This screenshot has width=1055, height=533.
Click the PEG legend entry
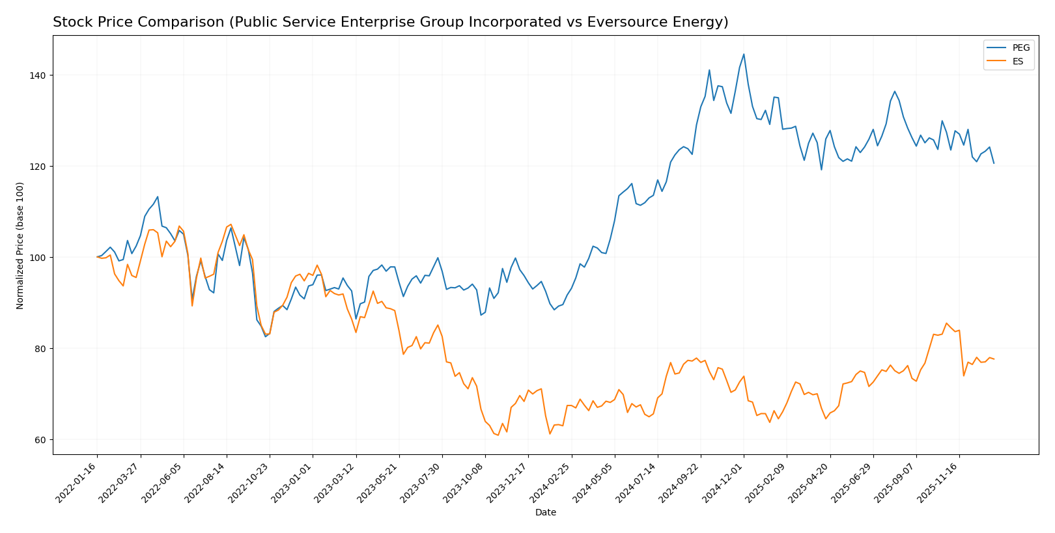point(1020,48)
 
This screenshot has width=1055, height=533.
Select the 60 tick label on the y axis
point(41,440)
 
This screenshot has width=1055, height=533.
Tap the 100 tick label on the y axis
point(38,258)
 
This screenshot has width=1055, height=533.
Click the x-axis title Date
point(545,513)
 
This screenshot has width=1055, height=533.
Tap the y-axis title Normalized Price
point(20,245)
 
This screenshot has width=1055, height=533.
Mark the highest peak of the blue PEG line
point(744,54)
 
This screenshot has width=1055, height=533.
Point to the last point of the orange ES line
point(994,359)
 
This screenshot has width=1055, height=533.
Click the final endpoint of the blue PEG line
point(994,163)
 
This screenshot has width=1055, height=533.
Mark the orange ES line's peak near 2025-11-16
point(946,323)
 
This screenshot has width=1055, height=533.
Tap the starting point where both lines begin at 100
point(97,257)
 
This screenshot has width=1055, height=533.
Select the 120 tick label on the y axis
point(38,167)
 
